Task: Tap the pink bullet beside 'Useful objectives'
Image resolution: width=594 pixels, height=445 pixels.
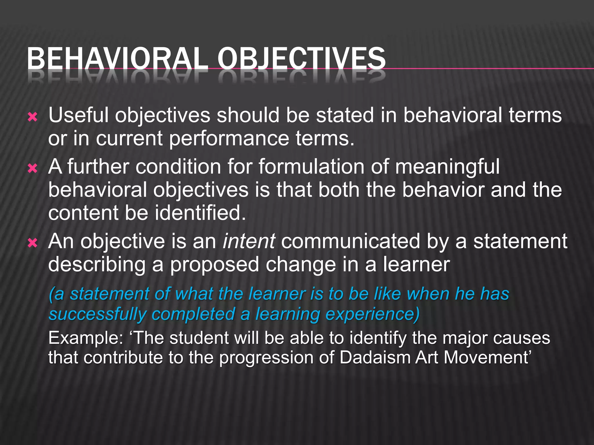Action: coord(32,117)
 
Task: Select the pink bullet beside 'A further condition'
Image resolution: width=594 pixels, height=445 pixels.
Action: coord(32,168)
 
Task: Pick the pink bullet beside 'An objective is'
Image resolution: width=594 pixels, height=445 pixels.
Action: coord(32,243)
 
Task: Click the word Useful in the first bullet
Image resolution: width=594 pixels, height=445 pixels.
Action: coord(78,115)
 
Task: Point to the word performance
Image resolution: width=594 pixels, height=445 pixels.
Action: coord(229,138)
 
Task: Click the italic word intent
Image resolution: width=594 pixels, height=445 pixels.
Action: coord(249,241)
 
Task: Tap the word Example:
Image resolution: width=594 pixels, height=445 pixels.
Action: coord(86,338)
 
